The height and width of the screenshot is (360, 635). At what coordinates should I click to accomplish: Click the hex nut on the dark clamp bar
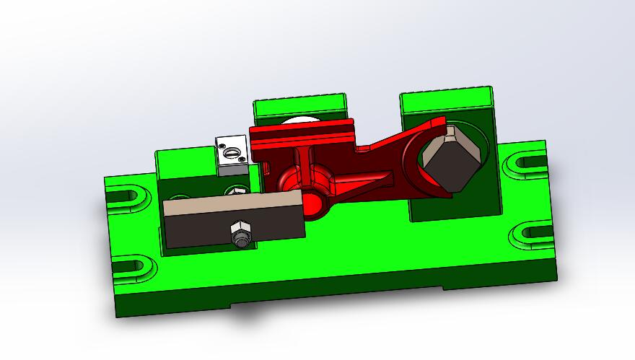pos(240,235)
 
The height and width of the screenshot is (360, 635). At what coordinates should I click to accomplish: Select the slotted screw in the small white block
pos(232,152)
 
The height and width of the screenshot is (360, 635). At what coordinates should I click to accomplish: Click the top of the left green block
pos(184,160)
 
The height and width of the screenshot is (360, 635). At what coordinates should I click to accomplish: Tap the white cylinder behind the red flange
pos(303,120)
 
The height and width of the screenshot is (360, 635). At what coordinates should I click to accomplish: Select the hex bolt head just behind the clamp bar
pos(237,191)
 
